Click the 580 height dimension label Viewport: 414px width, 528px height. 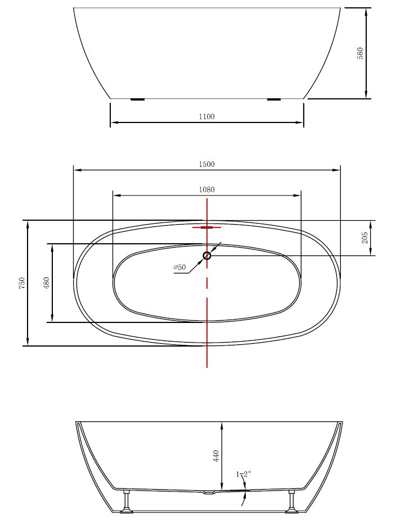click(x=361, y=53)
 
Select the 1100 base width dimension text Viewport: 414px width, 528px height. click(x=206, y=117)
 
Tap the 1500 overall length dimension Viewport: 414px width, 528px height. click(x=206, y=165)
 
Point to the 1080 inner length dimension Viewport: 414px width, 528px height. click(x=206, y=190)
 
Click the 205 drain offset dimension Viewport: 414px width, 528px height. click(x=364, y=238)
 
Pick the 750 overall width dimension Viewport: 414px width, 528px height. click(x=22, y=283)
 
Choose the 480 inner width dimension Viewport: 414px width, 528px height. click(x=47, y=283)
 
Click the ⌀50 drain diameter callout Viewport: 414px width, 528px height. click(x=179, y=267)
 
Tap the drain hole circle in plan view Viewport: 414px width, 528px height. click(x=206, y=256)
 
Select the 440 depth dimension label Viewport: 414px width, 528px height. click(x=216, y=456)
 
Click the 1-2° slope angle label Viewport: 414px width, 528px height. click(x=243, y=474)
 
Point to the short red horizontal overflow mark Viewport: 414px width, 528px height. click(x=206, y=227)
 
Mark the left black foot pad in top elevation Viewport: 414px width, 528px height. click(x=137, y=99)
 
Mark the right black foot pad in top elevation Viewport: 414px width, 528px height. click(x=274, y=99)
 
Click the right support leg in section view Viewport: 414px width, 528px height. click(x=291, y=501)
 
